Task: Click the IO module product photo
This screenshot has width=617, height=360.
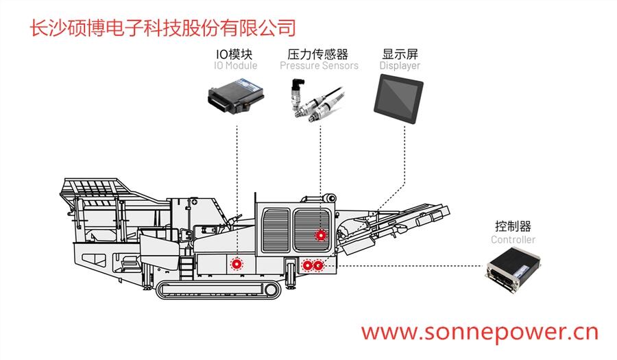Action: pyautogui.click(x=236, y=95)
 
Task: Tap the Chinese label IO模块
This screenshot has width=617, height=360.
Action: pyautogui.click(x=236, y=53)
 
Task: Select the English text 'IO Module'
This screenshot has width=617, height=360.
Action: pyautogui.click(x=236, y=66)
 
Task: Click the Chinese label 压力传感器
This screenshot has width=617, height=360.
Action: pyautogui.click(x=318, y=53)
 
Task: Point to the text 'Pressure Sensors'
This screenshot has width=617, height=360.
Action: pyautogui.click(x=318, y=66)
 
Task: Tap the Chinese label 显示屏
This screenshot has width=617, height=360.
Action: pyautogui.click(x=400, y=53)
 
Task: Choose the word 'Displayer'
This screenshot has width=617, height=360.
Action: pyautogui.click(x=400, y=66)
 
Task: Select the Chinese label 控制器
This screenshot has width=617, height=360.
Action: pyautogui.click(x=513, y=226)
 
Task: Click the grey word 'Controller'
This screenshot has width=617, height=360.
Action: pyautogui.click(x=513, y=240)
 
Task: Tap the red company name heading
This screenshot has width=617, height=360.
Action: pyautogui.click(x=163, y=27)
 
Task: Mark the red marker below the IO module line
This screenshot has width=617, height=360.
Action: pyautogui.click(x=237, y=263)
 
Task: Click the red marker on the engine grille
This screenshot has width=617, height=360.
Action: pyautogui.click(x=319, y=235)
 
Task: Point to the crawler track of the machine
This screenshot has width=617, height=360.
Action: pyautogui.click(x=219, y=289)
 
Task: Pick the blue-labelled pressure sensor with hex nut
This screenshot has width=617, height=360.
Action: pyautogui.click(x=297, y=96)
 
